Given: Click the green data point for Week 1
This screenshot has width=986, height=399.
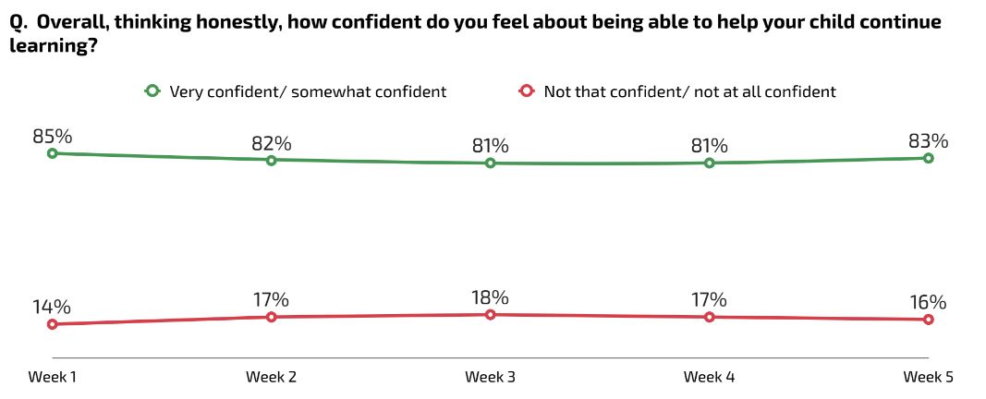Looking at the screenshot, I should [x=53, y=153].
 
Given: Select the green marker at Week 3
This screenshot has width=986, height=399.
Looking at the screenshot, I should [x=491, y=163].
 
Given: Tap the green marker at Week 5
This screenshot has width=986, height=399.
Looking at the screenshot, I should [x=928, y=158].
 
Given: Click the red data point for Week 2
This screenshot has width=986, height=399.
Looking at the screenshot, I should [x=272, y=317].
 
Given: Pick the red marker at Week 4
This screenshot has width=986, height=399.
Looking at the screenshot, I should [x=710, y=317].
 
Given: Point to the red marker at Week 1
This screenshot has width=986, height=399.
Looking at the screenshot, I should [x=53, y=324].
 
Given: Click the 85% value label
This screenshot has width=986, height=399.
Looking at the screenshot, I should [x=53, y=136].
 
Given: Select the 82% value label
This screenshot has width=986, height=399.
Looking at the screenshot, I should [x=272, y=143].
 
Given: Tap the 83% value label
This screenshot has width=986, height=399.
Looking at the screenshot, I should [x=928, y=140].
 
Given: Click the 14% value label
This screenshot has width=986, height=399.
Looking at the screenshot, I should [x=53, y=307].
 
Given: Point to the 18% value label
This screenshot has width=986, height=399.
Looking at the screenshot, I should [x=491, y=297].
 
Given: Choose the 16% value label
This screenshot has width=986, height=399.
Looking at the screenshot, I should [x=928, y=302].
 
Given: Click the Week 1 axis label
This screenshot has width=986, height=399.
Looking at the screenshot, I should [x=53, y=377].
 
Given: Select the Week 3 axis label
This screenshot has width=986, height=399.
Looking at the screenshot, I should [x=491, y=377].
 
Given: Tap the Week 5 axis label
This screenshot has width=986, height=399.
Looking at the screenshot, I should [x=928, y=377].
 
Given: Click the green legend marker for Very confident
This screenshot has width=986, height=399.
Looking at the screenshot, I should [x=152, y=91].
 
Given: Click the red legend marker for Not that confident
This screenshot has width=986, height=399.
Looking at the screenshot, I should [x=527, y=91].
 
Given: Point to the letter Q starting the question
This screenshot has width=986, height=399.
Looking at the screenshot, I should [x=16, y=23].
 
